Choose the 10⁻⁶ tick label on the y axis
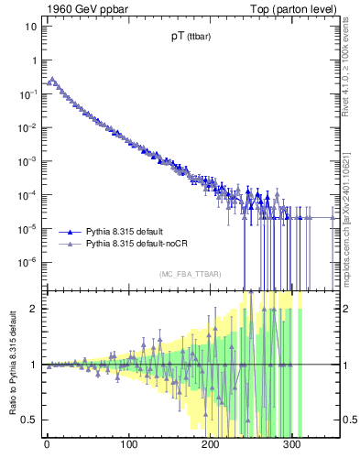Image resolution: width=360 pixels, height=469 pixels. (x=27, y=262)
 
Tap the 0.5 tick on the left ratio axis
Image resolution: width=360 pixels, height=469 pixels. (x=28, y=420)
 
